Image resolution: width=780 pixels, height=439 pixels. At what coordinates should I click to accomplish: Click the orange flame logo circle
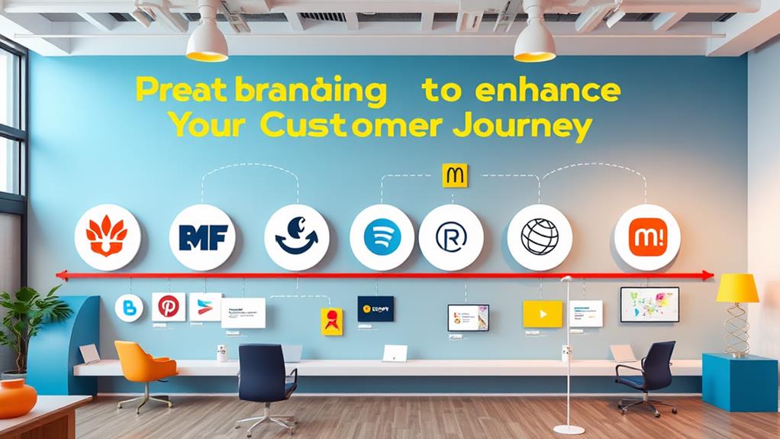click(x=107, y=237)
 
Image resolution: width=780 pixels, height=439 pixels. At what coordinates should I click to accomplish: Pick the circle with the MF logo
click(x=203, y=237)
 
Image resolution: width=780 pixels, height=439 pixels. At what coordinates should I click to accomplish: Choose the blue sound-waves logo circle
click(x=382, y=237)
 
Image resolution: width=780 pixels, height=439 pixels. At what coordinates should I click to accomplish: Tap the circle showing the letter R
click(x=450, y=237)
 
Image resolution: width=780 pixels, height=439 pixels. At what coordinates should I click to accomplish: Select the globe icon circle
click(x=540, y=237)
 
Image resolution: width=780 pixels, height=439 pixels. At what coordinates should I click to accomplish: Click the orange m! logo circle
click(x=646, y=237)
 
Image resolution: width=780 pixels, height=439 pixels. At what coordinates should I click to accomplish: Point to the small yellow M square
click(x=455, y=175)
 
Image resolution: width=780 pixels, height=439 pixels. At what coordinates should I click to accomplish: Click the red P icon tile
click(x=168, y=306)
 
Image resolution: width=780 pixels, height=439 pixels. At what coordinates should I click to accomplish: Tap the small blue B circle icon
click(x=128, y=308)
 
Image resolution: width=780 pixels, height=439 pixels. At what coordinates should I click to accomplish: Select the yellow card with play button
click(x=542, y=314)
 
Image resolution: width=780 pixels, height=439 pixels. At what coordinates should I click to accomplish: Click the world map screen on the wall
click(x=649, y=304)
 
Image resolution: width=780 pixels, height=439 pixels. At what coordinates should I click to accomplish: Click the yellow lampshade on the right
click(x=737, y=288)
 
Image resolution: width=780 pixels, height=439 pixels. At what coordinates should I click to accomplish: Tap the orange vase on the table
click(x=15, y=396)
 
